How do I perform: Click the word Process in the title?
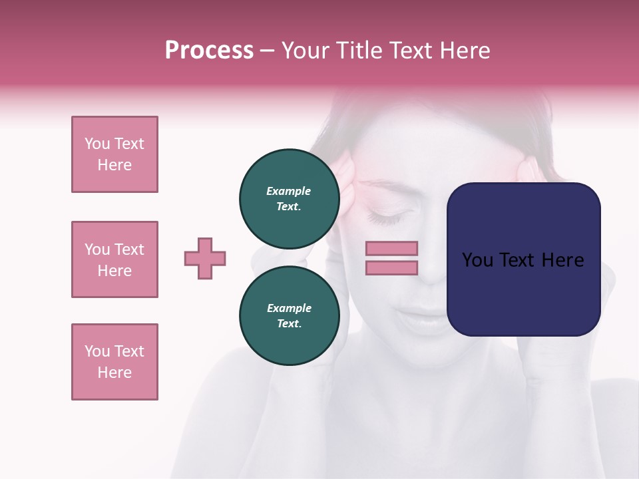click(x=209, y=51)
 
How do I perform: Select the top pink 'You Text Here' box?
click(x=114, y=154)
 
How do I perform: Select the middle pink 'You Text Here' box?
click(x=114, y=259)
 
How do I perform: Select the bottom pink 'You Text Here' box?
click(x=114, y=362)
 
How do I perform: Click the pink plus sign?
click(x=205, y=258)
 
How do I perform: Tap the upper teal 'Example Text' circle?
click(x=289, y=198)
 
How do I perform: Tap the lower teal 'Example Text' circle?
click(x=289, y=315)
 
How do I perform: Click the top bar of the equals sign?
click(x=391, y=248)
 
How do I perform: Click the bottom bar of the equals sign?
click(x=391, y=267)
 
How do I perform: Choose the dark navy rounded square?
click(x=523, y=259)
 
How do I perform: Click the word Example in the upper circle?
click(x=289, y=191)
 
